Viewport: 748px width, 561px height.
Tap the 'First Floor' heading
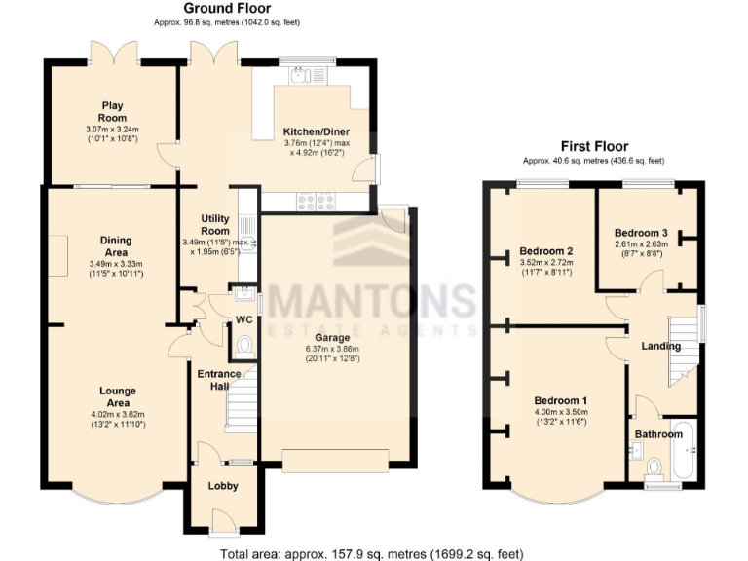point(595,146)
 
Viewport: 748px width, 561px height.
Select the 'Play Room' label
point(110,106)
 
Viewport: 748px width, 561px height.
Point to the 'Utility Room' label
point(214,225)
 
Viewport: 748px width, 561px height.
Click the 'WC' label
point(243,319)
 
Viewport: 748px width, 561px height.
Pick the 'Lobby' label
point(223,485)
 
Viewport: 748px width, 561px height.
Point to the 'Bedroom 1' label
point(560,400)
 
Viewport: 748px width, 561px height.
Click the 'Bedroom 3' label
point(640,232)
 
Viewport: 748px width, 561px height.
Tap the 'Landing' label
point(660,346)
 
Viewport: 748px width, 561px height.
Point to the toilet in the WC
point(243,344)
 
